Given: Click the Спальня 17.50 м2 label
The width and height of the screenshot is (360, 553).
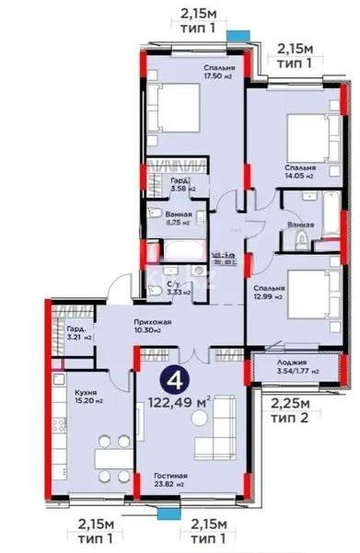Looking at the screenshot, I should (218, 73).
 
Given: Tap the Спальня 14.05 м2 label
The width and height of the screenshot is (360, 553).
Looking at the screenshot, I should (300, 172).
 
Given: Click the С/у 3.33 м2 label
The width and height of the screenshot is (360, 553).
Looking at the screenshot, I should (179, 288).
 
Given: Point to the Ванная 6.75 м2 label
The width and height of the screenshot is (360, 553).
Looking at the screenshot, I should (179, 217).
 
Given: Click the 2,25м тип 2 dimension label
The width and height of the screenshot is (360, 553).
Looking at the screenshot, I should (289, 406).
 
